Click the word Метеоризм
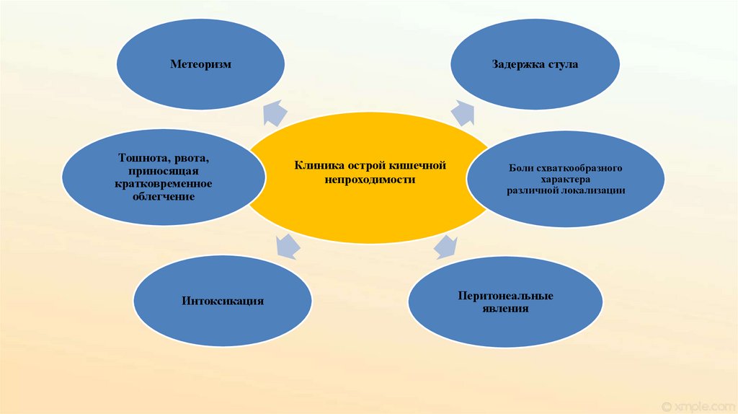[201, 65]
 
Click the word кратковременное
[164, 184]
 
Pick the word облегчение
[164, 196]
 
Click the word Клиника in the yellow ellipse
[319, 166]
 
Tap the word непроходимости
[370, 180]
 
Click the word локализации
[594, 190]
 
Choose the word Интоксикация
[223, 301]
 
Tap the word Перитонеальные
[505, 296]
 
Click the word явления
[505, 309]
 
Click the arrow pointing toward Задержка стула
[463, 113]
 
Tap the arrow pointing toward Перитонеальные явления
[446, 246]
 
